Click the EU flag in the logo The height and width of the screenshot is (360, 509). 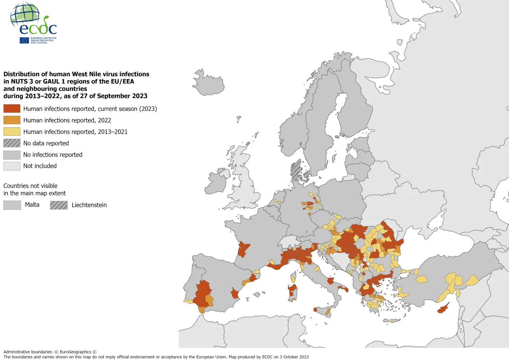[24, 40]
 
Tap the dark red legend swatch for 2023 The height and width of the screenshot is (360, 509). [12, 109]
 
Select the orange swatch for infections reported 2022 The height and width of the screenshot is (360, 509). [12, 120]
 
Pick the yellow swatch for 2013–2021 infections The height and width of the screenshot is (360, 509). [12, 132]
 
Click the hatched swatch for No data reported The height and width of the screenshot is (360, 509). [12, 143]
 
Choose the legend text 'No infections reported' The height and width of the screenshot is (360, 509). [53, 155]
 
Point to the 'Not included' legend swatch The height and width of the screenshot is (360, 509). [12, 166]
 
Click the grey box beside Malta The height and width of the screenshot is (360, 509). [12, 205]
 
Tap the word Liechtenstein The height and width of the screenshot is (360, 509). [89, 205]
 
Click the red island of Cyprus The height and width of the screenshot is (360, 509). [443, 309]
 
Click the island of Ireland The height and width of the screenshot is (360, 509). [217, 183]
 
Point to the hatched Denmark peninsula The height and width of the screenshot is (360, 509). [295, 170]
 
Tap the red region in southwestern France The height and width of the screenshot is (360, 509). [244, 249]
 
